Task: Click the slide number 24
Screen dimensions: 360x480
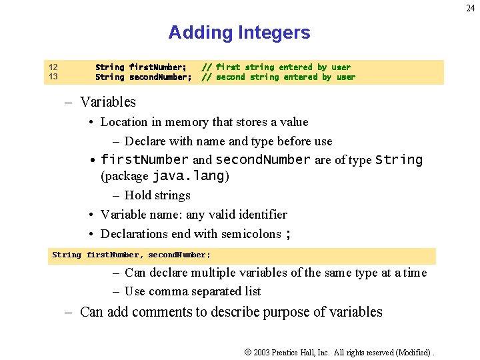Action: click(x=471, y=9)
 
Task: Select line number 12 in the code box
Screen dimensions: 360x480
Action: click(x=53, y=67)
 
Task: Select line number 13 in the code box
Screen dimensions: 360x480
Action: click(x=53, y=77)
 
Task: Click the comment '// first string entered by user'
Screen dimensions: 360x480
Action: click(x=276, y=67)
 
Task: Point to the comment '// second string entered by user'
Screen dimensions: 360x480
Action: click(x=279, y=77)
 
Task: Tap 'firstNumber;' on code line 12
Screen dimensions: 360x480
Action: click(x=157, y=67)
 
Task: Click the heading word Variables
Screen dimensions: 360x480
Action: click(x=107, y=102)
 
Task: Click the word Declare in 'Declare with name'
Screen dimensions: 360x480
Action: click(x=145, y=141)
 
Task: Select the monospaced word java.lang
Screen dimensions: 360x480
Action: click(x=189, y=177)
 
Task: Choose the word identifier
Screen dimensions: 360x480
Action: click(x=260, y=215)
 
